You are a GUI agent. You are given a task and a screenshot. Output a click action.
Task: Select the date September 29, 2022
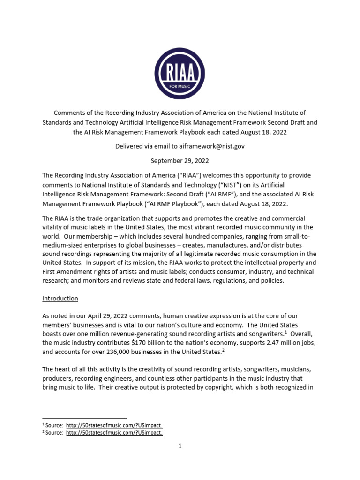click(180, 161)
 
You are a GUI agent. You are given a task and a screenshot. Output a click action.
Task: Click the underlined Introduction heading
click(60, 299)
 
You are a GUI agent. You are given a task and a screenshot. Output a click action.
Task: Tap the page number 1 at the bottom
click(180, 446)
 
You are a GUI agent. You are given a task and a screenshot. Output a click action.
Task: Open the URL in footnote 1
click(114, 424)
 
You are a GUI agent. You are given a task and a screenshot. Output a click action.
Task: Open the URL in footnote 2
click(114, 433)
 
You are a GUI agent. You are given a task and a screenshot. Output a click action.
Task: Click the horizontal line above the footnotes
click(84, 417)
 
